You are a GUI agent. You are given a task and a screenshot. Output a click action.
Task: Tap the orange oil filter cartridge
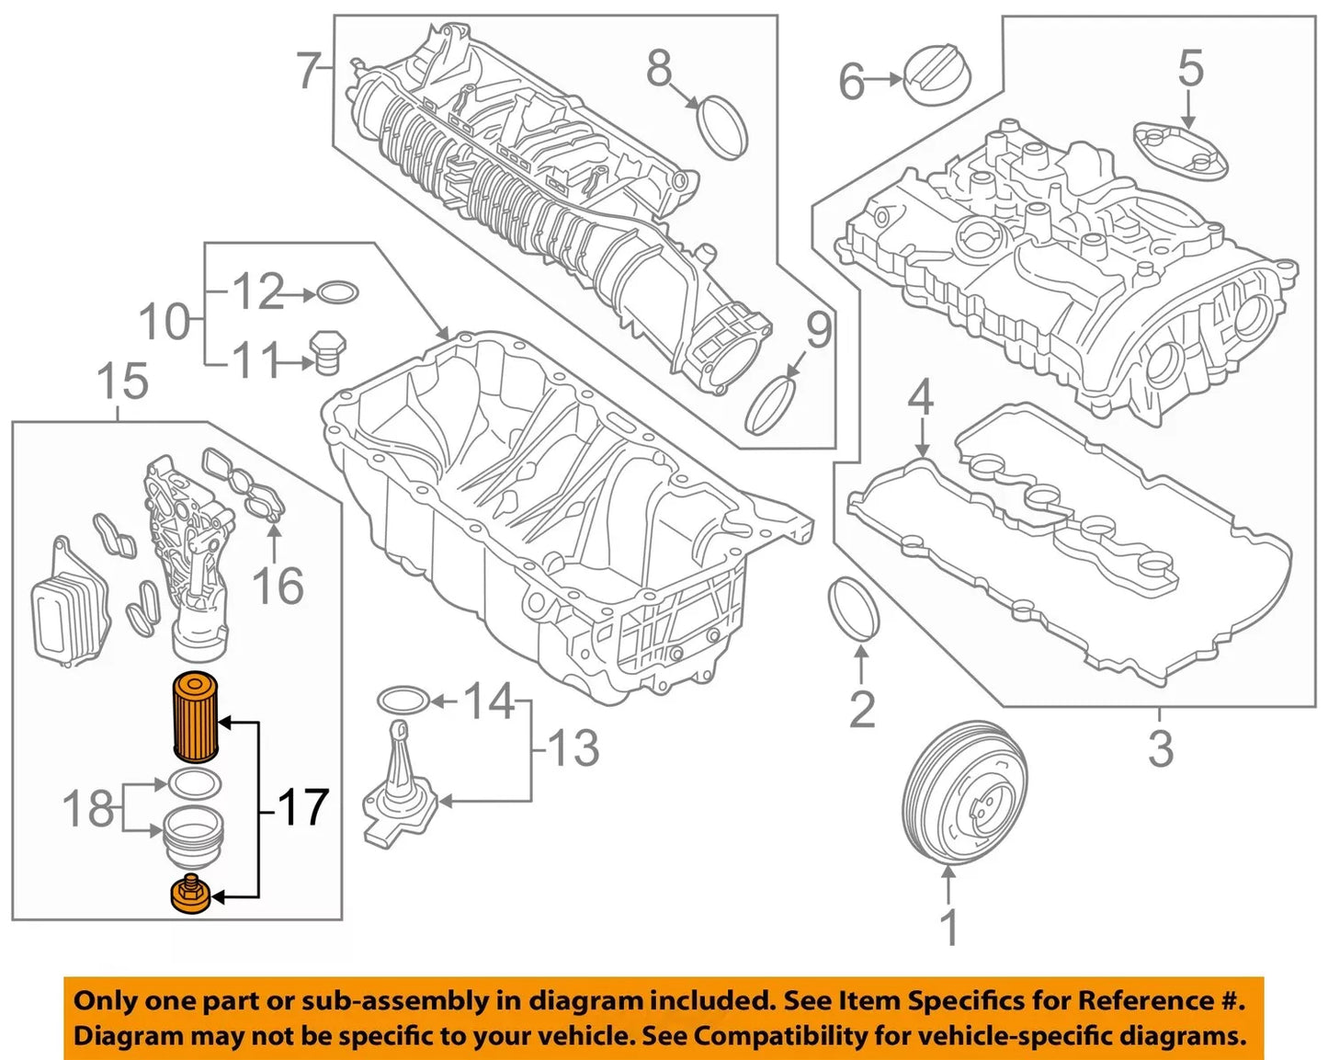tap(195, 719)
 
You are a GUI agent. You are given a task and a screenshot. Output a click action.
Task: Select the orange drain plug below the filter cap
tap(191, 896)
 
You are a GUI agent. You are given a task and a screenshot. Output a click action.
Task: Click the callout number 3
tap(1161, 748)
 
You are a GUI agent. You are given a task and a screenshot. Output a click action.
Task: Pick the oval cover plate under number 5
tap(1180, 150)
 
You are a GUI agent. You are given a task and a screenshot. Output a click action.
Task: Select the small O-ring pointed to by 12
tap(337, 294)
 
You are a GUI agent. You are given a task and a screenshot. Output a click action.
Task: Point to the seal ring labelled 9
tap(770, 405)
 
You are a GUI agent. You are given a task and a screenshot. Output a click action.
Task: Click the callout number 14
tap(489, 702)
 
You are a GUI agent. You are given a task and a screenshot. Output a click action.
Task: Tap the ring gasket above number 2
tap(854, 607)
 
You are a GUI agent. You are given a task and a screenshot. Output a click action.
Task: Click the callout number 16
tap(278, 586)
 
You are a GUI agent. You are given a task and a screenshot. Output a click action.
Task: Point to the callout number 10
tap(164, 322)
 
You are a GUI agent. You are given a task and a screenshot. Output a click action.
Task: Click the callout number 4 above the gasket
tap(921, 399)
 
